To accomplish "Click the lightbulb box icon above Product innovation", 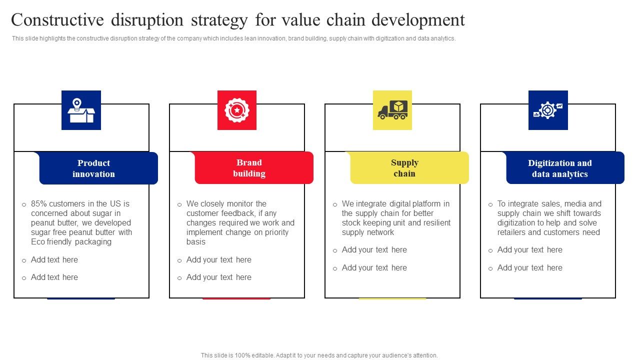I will pos(81,110).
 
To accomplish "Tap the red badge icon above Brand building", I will pos(236,110).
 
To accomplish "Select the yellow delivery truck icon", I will pos(392,110).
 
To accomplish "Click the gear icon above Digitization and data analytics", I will pos(548,110).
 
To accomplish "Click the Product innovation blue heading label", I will pos(93,168).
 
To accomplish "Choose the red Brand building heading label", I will pos(249,168).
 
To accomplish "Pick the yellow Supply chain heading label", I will pos(404,168).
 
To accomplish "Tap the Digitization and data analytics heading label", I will pos(559,168).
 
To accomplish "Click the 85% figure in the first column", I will pos(39,204).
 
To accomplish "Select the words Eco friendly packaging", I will pos(71,242).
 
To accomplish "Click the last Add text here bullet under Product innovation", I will pos(54,277).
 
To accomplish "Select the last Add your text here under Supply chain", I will pos(374,268).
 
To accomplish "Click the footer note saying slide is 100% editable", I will pos(319,355).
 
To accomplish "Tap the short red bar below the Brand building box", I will pos(236,299).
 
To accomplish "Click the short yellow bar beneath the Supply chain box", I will pos(392,299).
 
